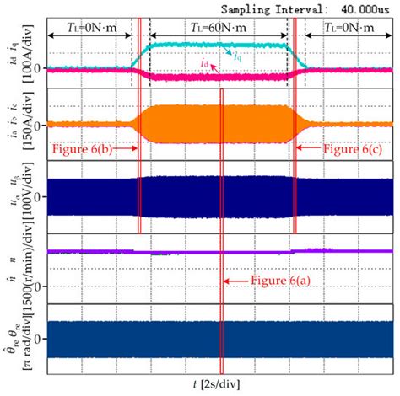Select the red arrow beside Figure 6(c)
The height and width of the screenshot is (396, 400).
tap(310, 149)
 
